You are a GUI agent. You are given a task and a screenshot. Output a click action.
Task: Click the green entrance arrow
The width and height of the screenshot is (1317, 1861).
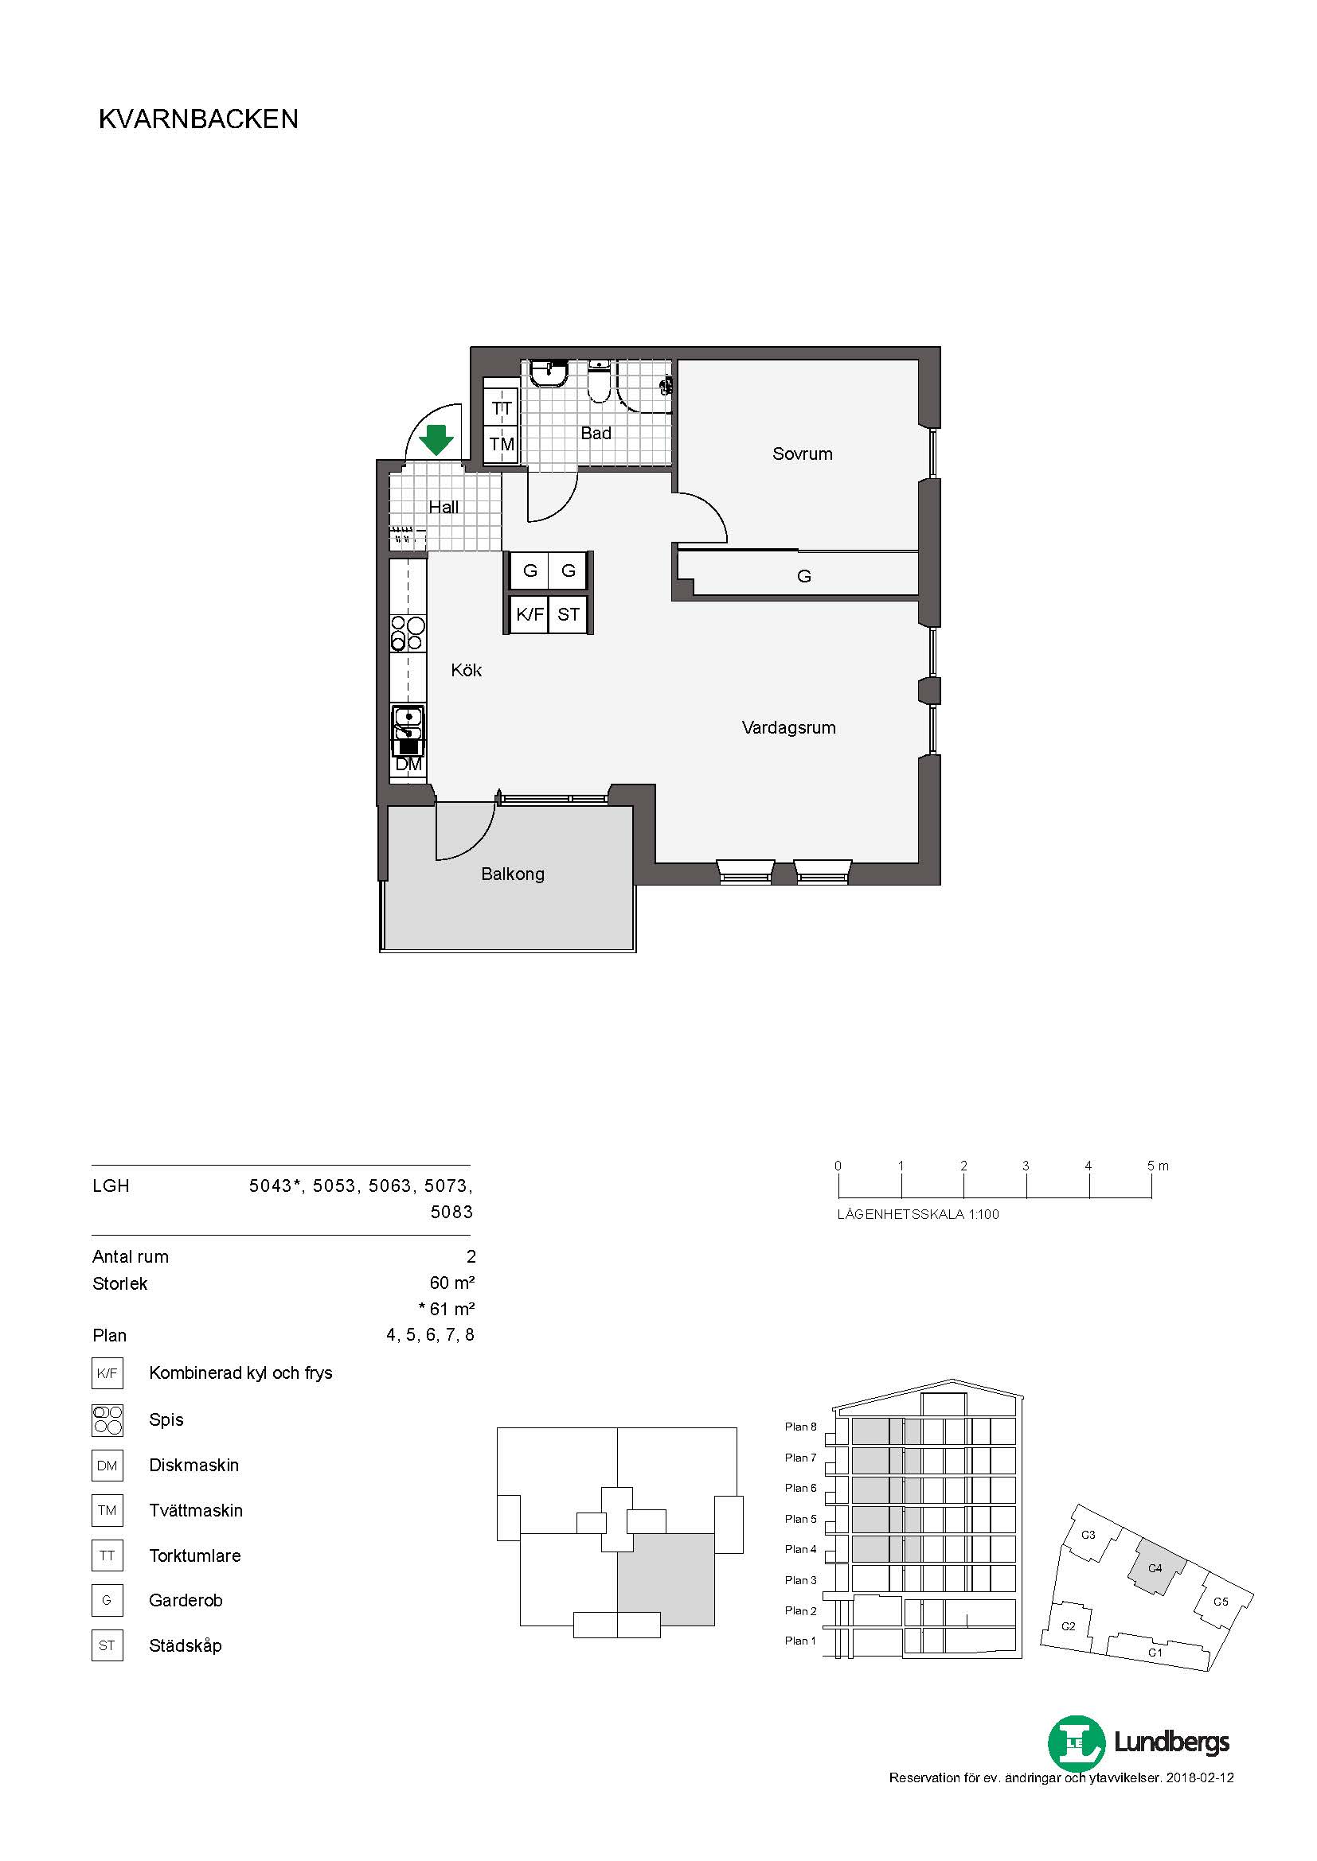436,439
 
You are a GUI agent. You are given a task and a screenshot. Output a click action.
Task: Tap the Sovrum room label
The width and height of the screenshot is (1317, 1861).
802,454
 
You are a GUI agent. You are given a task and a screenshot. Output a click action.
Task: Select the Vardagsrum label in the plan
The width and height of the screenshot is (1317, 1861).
788,728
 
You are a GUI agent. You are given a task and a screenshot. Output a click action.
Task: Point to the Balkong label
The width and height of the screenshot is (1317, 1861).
513,874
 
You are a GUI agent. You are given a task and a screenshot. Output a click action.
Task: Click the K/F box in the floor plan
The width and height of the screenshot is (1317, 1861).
530,614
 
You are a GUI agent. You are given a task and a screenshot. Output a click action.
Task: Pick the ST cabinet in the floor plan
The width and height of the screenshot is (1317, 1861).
569,614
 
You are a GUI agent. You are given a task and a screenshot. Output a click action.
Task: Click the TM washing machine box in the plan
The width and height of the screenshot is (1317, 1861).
501,444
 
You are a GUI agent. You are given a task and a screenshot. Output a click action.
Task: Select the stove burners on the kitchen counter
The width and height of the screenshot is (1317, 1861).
408,634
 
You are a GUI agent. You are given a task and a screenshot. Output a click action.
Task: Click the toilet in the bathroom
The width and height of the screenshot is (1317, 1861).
599,383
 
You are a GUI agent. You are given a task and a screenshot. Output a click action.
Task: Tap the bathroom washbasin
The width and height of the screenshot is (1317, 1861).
549,375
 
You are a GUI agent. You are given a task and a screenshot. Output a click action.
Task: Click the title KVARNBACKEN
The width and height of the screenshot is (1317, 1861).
199,119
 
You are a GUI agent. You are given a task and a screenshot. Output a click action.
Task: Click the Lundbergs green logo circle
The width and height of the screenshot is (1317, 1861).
1077,1742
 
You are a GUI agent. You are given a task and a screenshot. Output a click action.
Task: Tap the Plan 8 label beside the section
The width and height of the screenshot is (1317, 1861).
800,1427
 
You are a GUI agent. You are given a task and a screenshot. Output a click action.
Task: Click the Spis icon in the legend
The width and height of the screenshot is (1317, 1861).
107,1420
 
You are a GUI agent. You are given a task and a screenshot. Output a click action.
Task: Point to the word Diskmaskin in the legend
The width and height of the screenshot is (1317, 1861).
193,1466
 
